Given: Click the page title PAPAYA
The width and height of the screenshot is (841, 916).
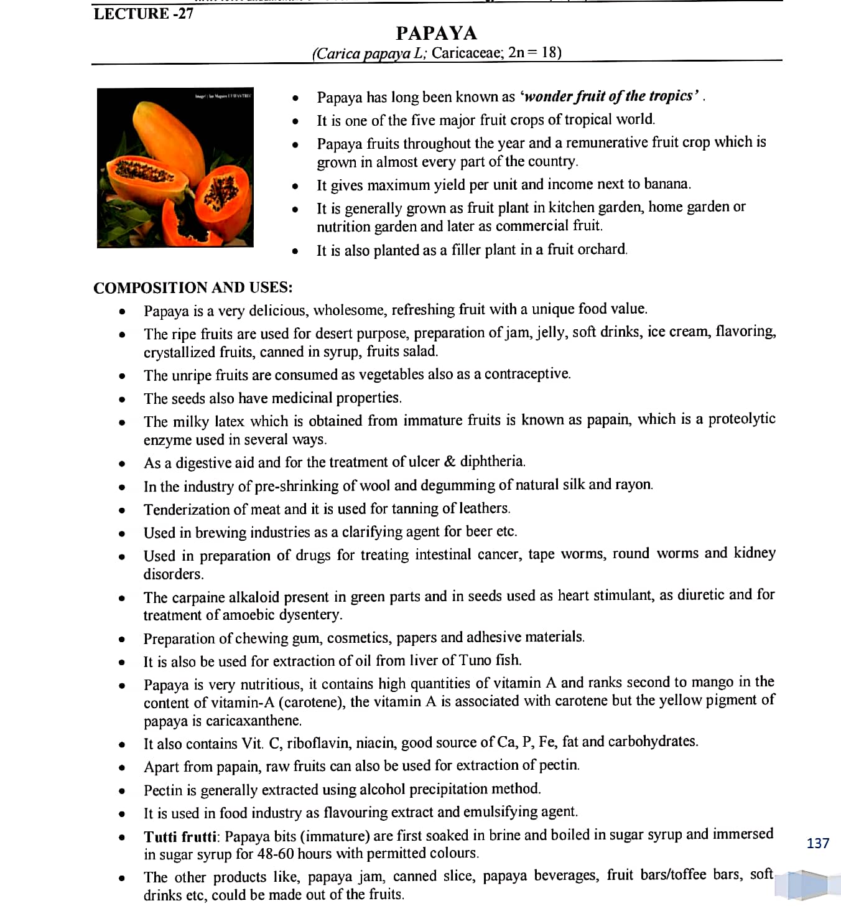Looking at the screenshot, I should tap(436, 33).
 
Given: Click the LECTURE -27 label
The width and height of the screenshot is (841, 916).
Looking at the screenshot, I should tap(143, 14).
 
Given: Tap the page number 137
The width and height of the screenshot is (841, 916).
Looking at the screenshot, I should tap(817, 843).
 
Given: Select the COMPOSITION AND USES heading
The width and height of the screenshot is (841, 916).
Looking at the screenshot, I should tap(193, 287).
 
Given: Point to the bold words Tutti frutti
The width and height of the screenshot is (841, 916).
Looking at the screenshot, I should tap(180, 836).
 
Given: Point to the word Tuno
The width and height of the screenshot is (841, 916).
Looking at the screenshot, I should tap(476, 660).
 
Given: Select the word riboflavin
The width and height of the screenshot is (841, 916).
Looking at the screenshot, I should tap(315, 742).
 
